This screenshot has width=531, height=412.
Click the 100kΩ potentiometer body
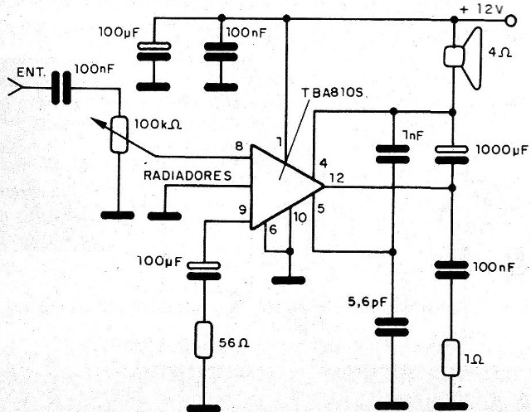[121, 134]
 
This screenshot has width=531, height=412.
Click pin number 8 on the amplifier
[239, 147]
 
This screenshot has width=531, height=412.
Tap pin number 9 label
[243, 211]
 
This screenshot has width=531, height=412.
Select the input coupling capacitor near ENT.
[59, 86]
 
